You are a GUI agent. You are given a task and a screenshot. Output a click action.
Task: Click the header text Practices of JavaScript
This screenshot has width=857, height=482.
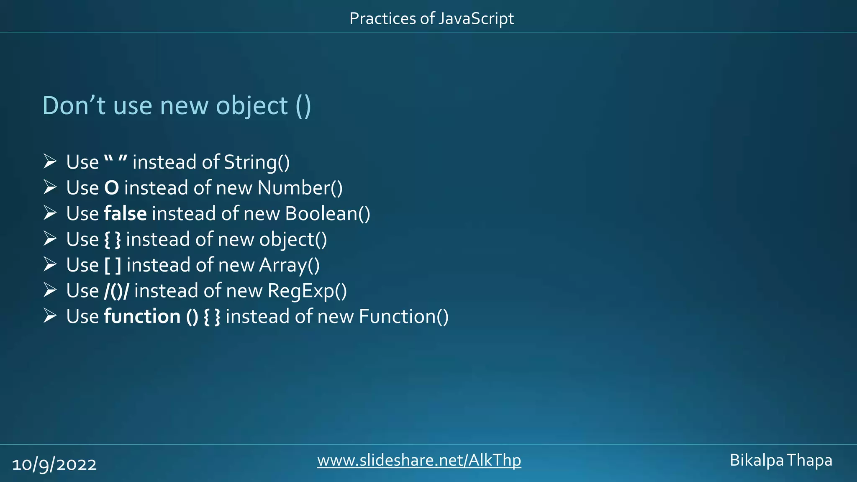(431, 19)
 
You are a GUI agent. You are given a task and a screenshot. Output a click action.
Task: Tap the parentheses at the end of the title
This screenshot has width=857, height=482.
(303, 105)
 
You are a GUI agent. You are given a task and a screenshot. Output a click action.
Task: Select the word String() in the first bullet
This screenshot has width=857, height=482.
(257, 162)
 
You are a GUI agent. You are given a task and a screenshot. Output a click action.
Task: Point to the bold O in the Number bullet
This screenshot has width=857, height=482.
(111, 188)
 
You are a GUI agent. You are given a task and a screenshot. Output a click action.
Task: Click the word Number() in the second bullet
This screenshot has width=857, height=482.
(300, 188)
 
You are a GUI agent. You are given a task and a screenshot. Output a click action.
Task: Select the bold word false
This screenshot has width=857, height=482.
(125, 213)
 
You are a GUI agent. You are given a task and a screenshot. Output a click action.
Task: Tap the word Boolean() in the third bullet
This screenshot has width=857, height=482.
(328, 213)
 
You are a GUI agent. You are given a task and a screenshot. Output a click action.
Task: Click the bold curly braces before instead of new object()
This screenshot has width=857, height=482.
(112, 240)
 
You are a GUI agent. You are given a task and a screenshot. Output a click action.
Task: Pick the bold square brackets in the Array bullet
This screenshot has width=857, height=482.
(113, 265)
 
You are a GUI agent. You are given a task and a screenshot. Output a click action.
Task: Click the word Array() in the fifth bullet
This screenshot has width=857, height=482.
(290, 265)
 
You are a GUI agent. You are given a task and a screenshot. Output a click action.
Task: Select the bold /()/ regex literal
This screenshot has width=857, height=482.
(116, 291)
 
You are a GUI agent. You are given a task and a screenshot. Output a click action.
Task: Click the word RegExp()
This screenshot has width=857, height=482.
(307, 291)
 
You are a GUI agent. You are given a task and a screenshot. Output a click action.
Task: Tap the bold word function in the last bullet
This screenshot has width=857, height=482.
(142, 316)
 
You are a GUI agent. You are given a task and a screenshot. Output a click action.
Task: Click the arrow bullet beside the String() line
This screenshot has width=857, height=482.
(50, 162)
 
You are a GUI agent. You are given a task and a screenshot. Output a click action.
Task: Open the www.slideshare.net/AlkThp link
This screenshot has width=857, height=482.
(419, 460)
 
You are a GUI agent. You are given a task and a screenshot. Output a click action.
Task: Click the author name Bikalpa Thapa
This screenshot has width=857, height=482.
(781, 460)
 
